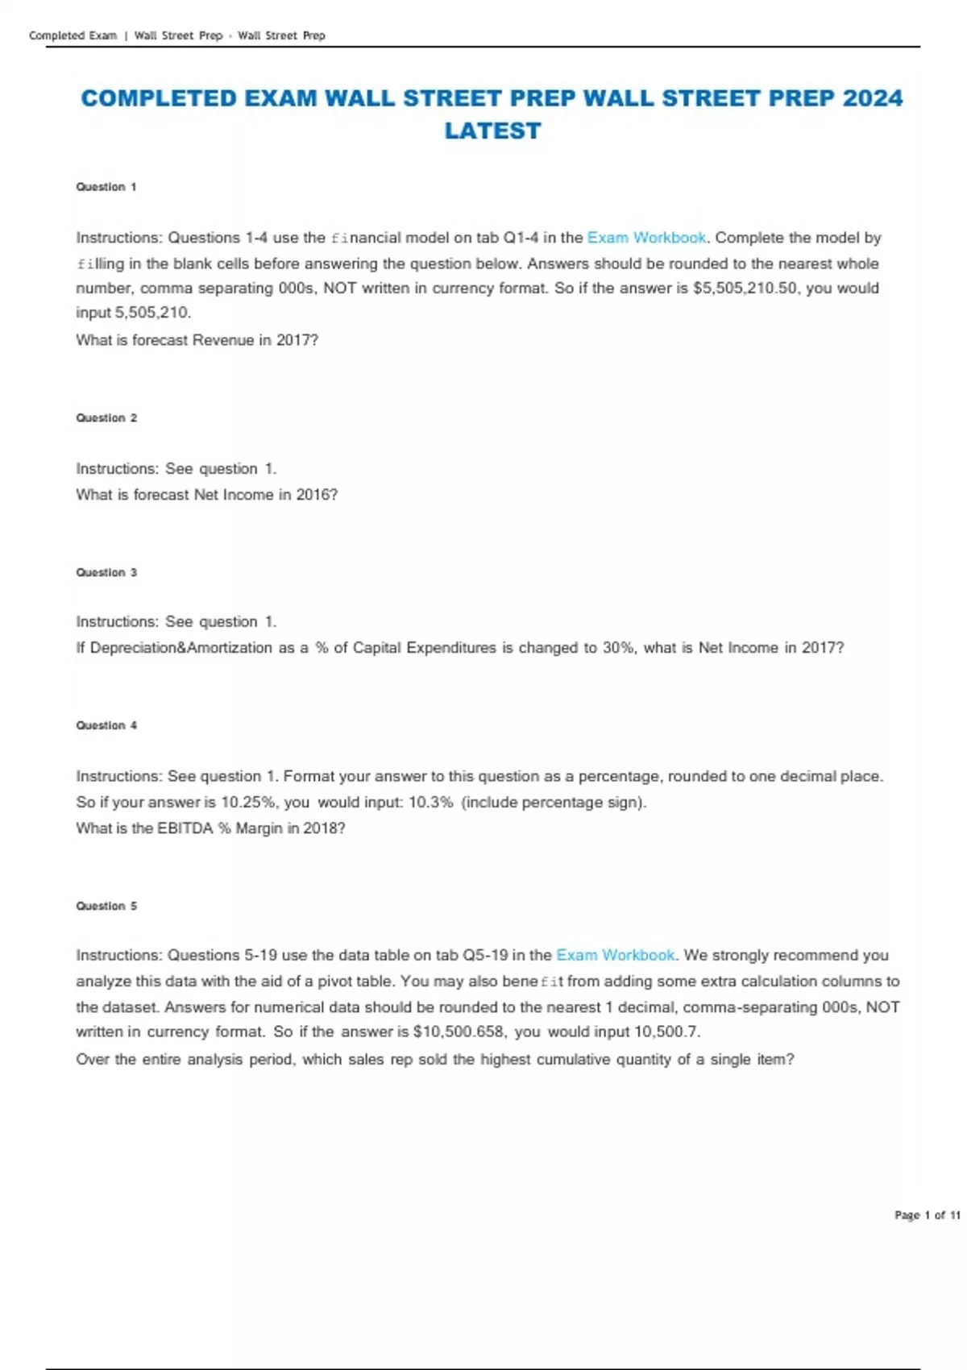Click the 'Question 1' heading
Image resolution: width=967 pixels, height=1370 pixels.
click(106, 187)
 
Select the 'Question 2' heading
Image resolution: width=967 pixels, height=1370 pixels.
click(106, 418)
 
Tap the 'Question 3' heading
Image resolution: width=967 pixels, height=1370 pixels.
click(106, 573)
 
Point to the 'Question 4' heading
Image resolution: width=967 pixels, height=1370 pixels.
click(106, 726)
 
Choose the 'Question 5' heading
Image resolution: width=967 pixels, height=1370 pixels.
click(106, 907)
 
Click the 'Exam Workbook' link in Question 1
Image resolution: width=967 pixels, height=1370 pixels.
click(646, 238)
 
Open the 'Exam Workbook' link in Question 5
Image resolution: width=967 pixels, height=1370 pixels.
click(616, 955)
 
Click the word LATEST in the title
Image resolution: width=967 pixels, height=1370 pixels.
click(492, 131)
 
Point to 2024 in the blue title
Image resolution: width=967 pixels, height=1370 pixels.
click(872, 98)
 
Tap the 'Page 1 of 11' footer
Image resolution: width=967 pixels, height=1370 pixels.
click(927, 1215)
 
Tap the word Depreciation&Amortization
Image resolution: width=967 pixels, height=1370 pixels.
click(181, 648)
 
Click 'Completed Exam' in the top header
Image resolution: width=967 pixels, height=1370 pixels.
click(73, 35)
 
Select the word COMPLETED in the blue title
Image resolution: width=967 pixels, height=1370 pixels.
click(159, 98)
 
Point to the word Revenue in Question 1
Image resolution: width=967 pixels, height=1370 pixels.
click(223, 340)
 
